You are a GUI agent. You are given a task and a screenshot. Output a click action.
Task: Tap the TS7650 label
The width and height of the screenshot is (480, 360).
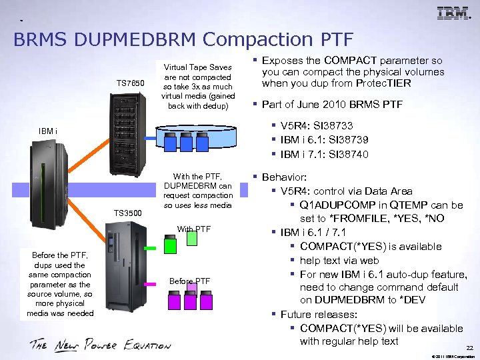click(130, 83)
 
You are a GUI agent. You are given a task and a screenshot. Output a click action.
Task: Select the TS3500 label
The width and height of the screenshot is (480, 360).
click(128, 213)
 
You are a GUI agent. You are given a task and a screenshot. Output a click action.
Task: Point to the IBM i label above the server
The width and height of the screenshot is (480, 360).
click(48, 131)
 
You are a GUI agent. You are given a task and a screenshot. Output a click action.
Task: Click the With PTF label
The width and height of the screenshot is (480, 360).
click(193, 229)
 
